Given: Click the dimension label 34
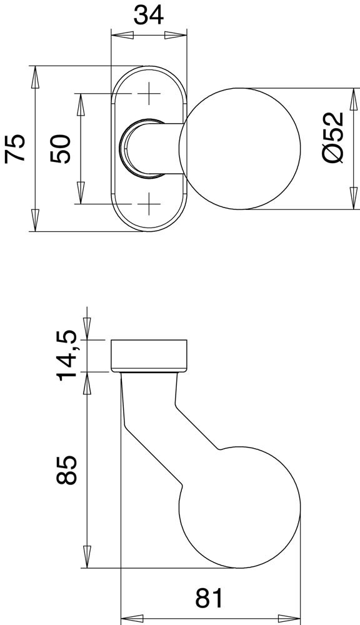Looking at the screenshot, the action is (x=148, y=16).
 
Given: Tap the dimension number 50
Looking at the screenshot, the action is (x=61, y=149).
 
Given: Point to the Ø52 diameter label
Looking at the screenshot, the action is (x=333, y=137).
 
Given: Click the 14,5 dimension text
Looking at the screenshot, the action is (x=66, y=355).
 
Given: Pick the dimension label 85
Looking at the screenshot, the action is (x=66, y=470).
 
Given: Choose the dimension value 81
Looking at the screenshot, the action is (x=210, y=598).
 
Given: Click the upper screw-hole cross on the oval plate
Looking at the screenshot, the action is (x=149, y=94).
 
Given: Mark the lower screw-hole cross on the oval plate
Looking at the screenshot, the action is (x=149, y=204).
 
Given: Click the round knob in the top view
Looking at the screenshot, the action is (x=240, y=149).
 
